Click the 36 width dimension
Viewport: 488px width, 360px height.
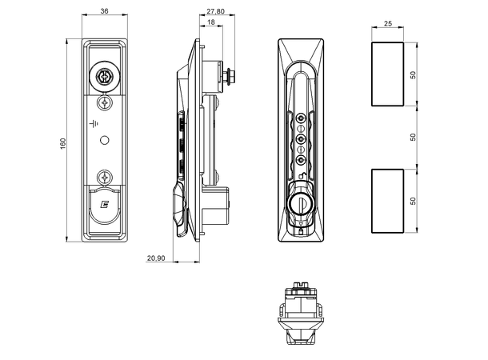point(104,11)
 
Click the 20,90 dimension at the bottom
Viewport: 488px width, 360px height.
point(157,258)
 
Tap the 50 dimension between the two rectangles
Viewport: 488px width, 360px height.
point(414,137)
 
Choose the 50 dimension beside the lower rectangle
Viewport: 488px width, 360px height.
point(414,200)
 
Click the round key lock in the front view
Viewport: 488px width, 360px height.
point(104,78)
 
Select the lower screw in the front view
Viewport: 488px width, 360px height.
point(104,178)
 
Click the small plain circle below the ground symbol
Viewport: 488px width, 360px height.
point(104,141)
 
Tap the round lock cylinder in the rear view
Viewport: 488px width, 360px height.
point(302,204)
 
